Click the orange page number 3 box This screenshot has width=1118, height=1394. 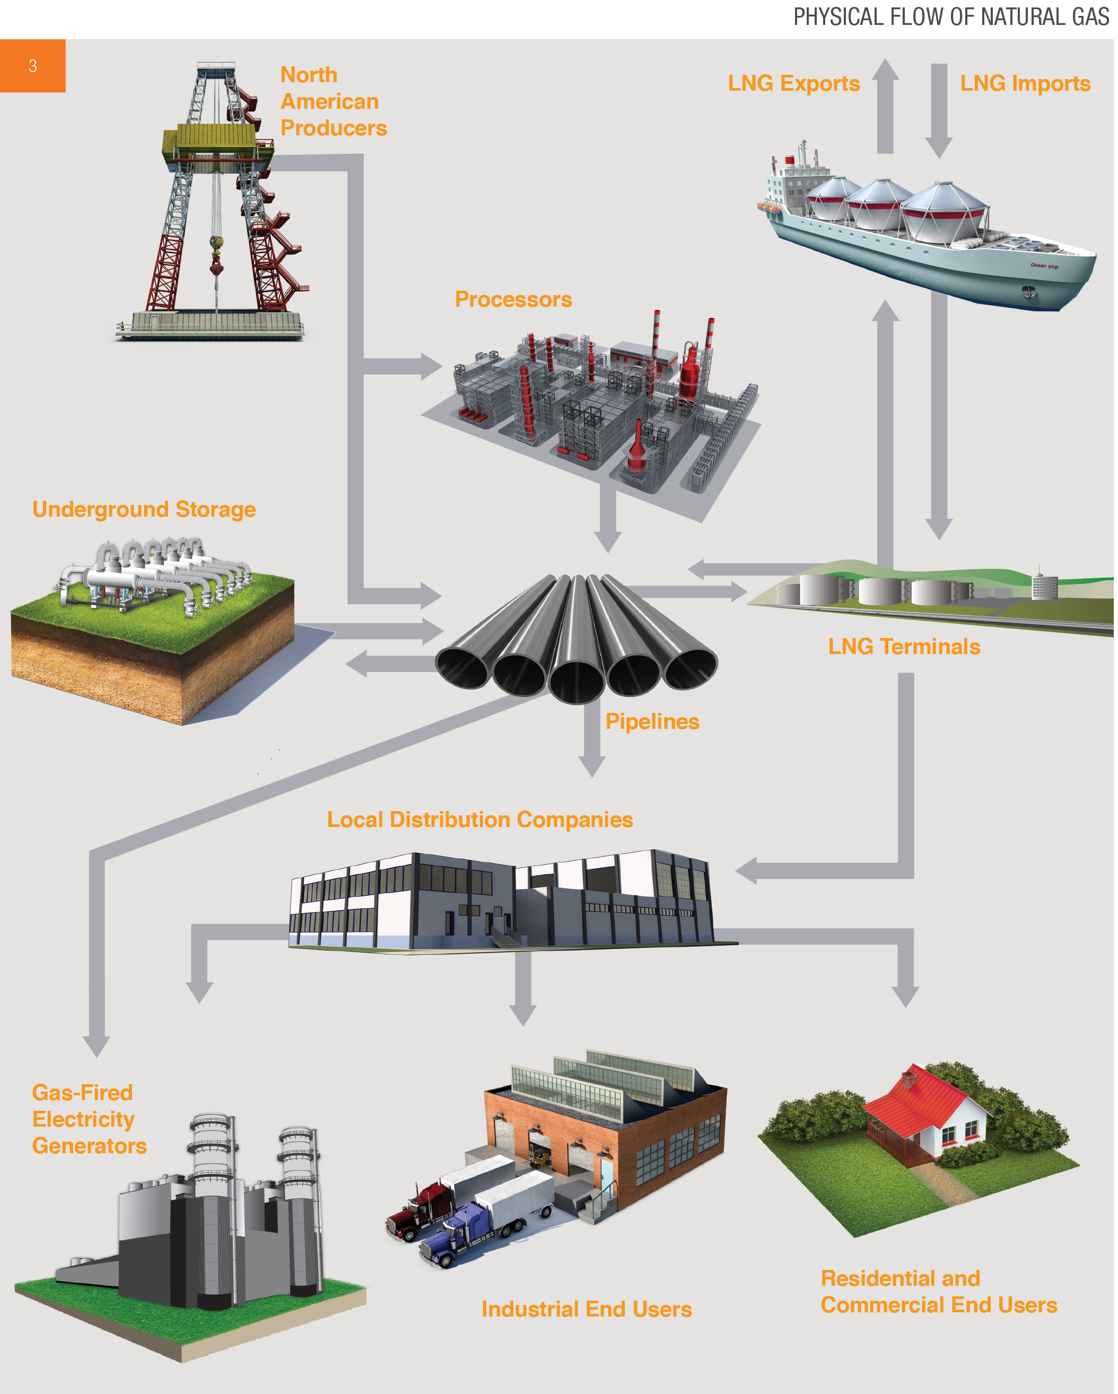pyautogui.click(x=32, y=66)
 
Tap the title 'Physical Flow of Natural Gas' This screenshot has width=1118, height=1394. pyautogui.click(x=950, y=18)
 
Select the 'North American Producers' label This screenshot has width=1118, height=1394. pyautogui.click(x=333, y=101)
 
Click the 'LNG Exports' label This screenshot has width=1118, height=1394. pyautogui.click(x=793, y=83)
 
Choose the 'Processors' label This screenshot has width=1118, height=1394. pyautogui.click(x=513, y=299)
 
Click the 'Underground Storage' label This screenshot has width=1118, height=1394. pyautogui.click(x=144, y=510)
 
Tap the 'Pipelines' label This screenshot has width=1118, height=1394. pyautogui.click(x=652, y=721)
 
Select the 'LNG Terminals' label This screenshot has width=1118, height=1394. pyautogui.click(x=904, y=647)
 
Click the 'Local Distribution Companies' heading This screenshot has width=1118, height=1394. pyautogui.click(x=480, y=820)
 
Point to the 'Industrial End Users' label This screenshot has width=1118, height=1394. pyautogui.click(x=587, y=1309)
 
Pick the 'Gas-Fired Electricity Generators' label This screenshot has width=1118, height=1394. pyautogui.click(x=89, y=1119)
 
